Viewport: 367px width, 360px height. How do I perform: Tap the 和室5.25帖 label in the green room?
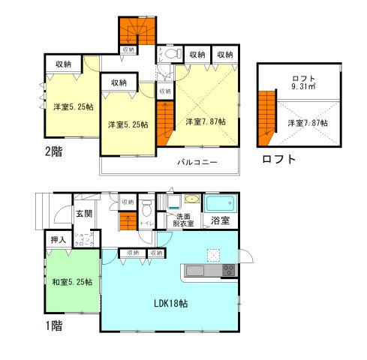(72, 282)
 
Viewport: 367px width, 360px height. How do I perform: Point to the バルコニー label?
(198, 162)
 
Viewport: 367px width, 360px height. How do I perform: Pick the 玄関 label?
(83, 214)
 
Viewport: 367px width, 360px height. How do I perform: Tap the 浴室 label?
(219, 221)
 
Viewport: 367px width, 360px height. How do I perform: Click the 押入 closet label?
(59, 240)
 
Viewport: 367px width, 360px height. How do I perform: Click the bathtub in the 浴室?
(220, 203)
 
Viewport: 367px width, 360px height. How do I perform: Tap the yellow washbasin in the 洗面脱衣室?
(191, 199)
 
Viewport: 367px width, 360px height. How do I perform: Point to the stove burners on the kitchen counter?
(228, 270)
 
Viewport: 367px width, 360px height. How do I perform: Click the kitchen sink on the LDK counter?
(194, 270)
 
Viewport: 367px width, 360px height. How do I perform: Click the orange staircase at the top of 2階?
(134, 31)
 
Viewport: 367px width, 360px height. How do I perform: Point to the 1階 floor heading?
(53, 326)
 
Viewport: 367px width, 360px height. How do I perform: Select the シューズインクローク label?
(83, 240)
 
